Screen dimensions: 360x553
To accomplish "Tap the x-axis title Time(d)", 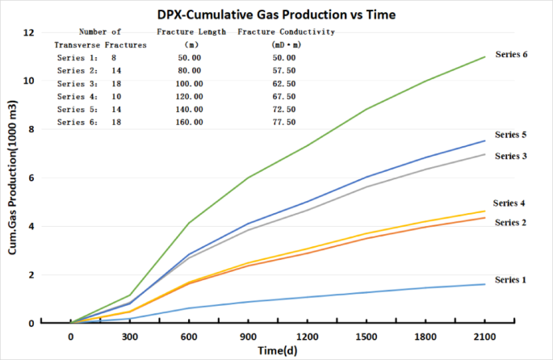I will (277, 351).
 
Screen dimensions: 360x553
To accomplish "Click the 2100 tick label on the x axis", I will (484, 337).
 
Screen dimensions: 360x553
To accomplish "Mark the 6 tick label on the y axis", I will (31, 178).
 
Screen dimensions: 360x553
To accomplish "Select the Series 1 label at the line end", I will (510, 280).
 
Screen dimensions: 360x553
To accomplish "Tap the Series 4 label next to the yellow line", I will (510, 203).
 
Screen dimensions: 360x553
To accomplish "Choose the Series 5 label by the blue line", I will (510, 135).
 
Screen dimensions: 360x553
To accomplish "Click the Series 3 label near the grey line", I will (510, 156).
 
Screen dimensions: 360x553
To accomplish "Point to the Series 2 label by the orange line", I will (510, 222).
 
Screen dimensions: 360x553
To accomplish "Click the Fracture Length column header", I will (191, 31).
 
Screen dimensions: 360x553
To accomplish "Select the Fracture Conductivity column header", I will (286, 31).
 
